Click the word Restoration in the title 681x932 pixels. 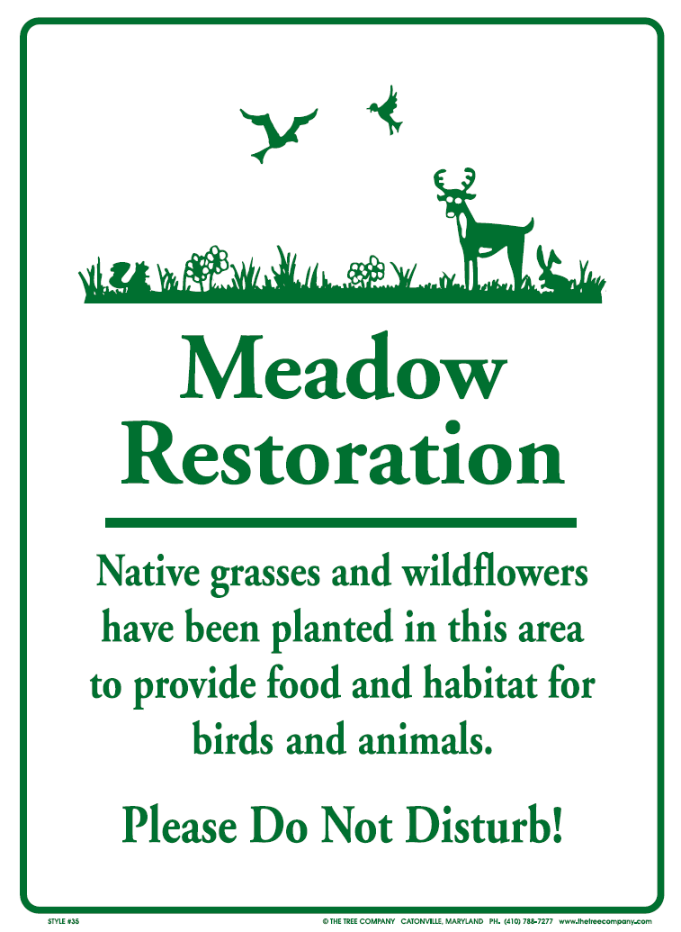343,453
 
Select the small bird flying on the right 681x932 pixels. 386,111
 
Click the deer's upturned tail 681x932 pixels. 527,226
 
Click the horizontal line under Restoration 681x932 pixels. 341,522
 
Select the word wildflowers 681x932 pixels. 495,573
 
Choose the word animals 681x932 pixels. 426,740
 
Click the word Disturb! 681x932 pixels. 485,825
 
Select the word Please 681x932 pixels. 179,825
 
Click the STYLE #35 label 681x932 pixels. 63,921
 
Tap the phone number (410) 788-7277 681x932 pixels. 528,921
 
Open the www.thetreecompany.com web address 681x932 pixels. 605,921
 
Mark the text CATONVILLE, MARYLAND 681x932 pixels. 442,921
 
